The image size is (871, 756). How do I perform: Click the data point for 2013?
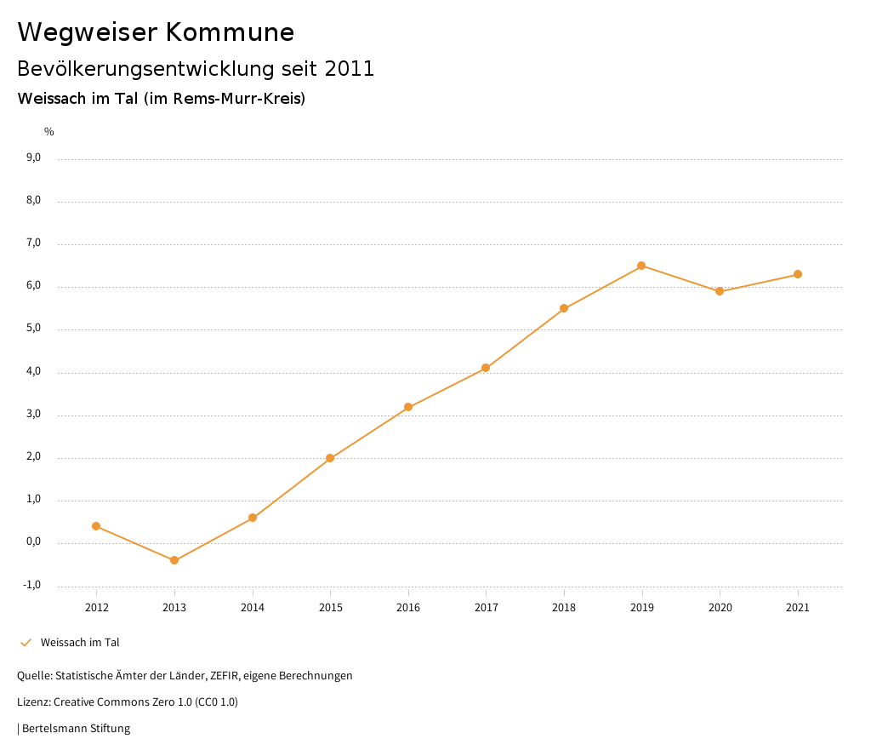[x=174, y=560]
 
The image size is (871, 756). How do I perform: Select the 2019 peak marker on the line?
[x=641, y=266]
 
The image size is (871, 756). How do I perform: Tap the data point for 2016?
[x=408, y=407]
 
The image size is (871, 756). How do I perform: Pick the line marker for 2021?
[x=798, y=274]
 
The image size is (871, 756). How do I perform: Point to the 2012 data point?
[x=96, y=526]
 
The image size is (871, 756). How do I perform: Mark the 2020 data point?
[x=720, y=291]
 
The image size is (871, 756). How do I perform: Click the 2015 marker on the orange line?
[x=330, y=458]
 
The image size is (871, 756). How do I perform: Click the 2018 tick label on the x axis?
[x=564, y=608]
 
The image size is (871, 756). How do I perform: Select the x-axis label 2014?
[x=253, y=608]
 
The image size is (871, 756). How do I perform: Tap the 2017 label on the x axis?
[x=486, y=608]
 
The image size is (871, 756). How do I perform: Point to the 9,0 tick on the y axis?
[x=34, y=157]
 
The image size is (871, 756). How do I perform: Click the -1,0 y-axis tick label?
[x=32, y=585]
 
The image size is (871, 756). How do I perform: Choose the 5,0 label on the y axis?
[x=34, y=329]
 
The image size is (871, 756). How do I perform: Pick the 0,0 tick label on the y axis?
[x=34, y=542]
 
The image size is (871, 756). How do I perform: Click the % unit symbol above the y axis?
[x=49, y=132]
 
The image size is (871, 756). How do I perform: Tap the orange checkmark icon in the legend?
[x=26, y=643]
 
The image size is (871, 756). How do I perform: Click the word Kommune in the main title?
[x=230, y=32]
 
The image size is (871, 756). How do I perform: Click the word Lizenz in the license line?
[x=33, y=702]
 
